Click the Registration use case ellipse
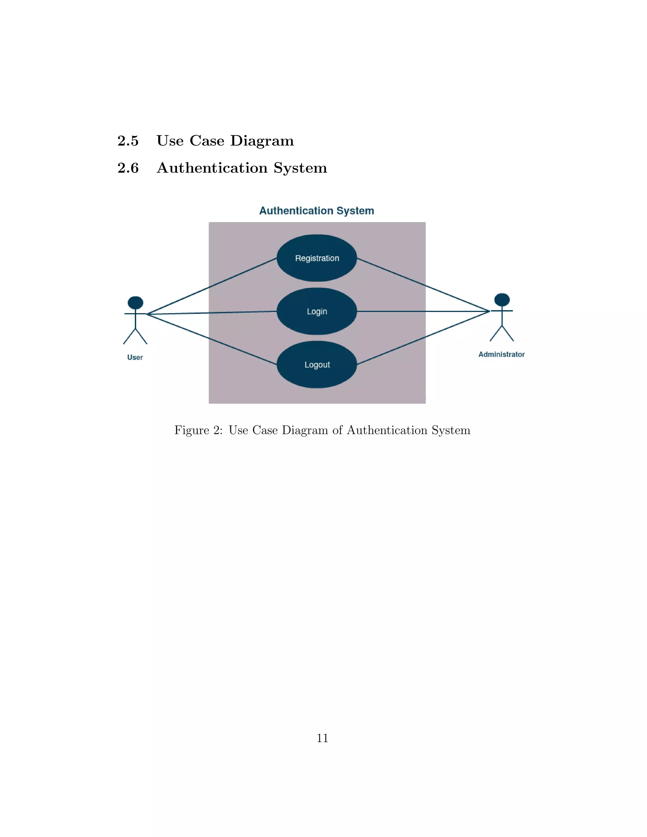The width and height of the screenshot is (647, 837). tap(317, 258)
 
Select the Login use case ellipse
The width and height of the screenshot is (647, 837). tap(317, 311)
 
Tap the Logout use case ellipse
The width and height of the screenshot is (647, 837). tap(317, 364)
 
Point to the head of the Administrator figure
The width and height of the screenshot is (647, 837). tap(502, 300)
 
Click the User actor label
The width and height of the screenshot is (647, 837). tap(135, 357)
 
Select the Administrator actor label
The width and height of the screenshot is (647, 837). tap(501, 354)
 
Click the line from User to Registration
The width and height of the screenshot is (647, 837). tap(211, 286)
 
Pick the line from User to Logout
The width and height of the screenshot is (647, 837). tap(211, 339)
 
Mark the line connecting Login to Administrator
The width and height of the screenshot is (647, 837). tap(422, 311)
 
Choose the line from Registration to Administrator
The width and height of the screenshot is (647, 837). tap(422, 284)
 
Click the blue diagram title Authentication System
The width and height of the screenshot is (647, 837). tap(317, 211)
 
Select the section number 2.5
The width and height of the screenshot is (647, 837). tap(128, 141)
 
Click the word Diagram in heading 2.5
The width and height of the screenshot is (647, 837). tap(262, 141)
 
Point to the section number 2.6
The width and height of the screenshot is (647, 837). tap(128, 168)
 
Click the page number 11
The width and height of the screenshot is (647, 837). tap(322, 738)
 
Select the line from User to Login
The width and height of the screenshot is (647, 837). tap(211, 313)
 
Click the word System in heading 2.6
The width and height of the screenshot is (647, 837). tap(300, 168)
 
